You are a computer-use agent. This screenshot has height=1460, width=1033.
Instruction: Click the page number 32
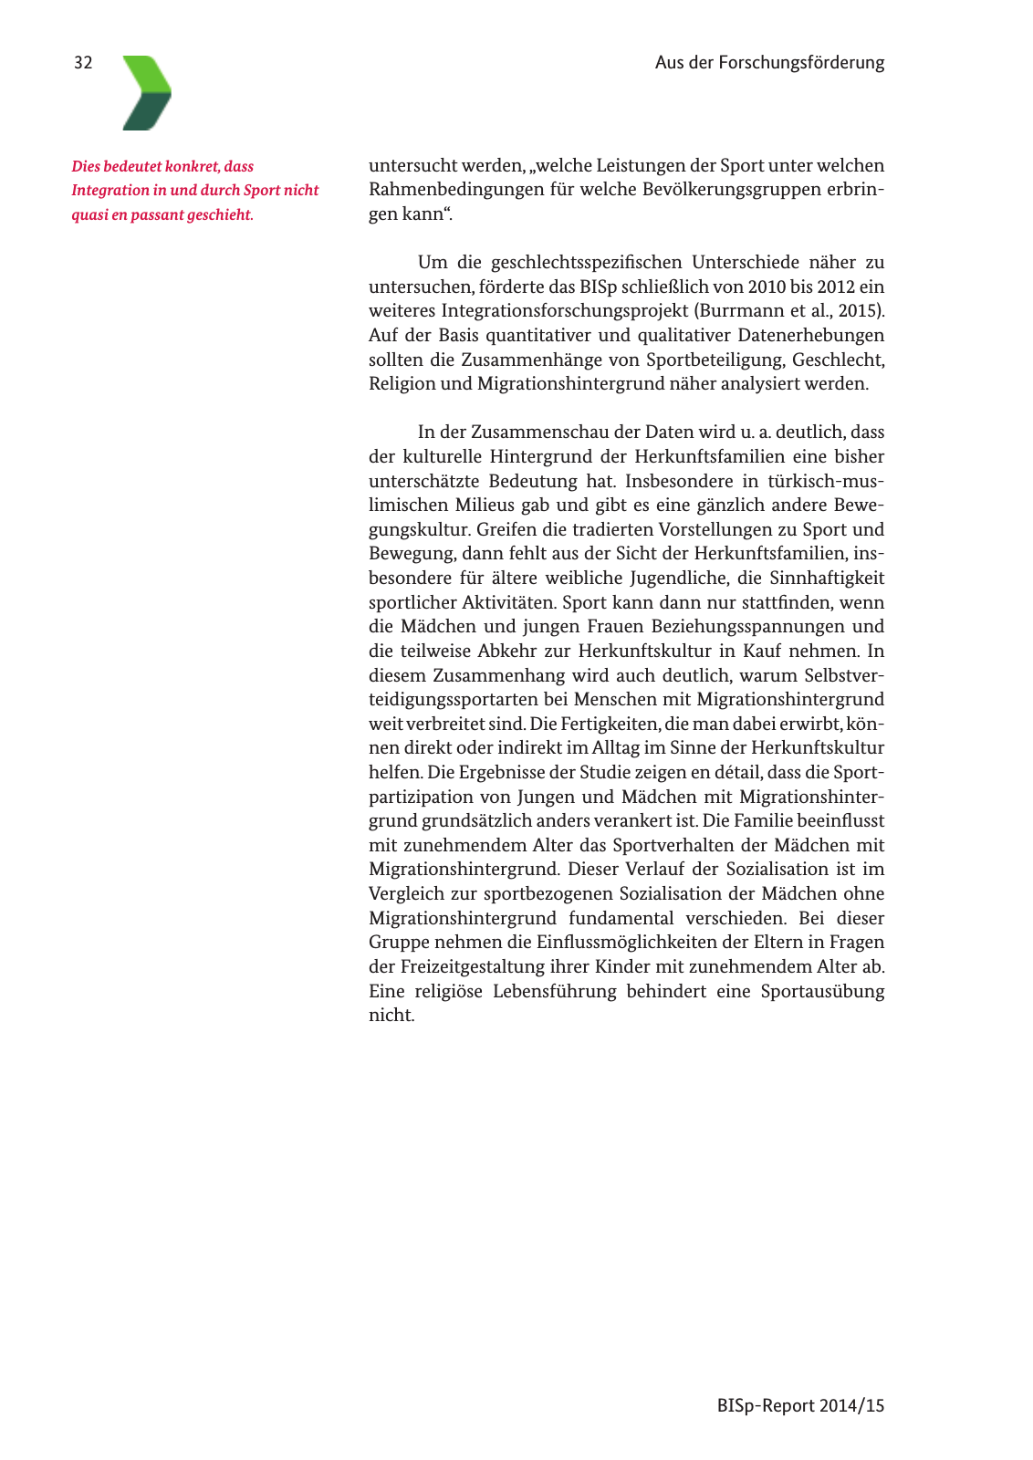pyautogui.click(x=83, y=63)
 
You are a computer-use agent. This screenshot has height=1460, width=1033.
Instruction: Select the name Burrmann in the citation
pyautogui.click(x=740, y=311)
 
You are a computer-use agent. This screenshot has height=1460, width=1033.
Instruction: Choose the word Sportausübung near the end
pyautogui.click(x=822, y=992)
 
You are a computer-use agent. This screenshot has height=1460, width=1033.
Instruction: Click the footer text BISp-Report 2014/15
pyautogui.click(x=800, y=1406)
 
